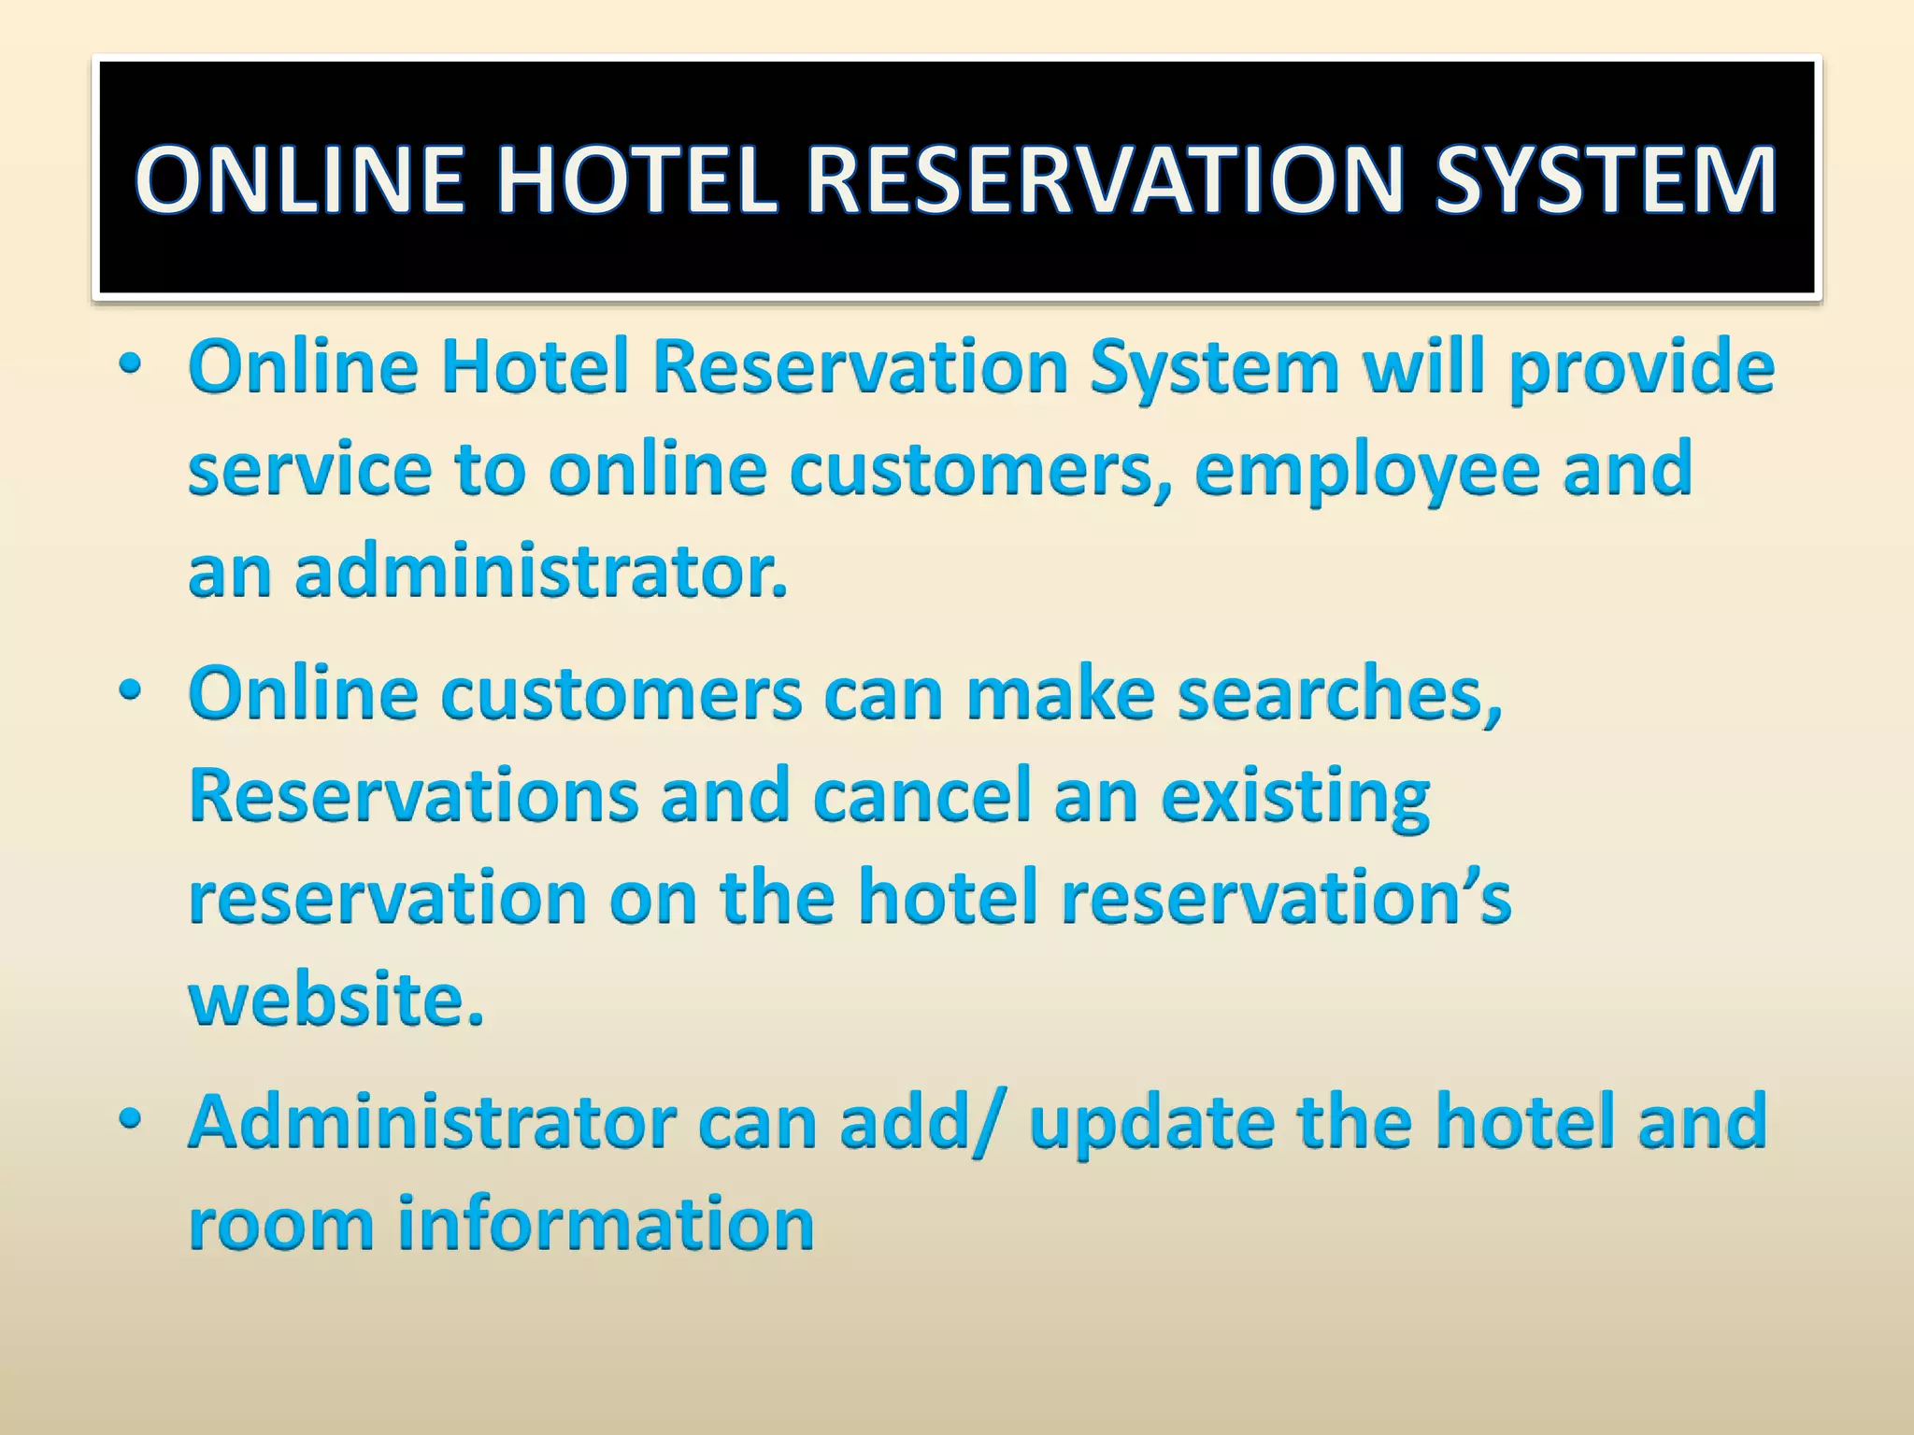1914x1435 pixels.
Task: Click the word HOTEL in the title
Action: (x=636, y=179)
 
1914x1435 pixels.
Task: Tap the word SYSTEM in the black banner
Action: (x=1605, y=179)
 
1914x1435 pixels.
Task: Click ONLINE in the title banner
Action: (x=300, y=179)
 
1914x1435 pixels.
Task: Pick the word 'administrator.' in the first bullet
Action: (x=541, y=572)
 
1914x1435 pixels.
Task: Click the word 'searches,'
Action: (x=1339, y=696)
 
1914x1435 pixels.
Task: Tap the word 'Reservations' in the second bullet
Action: (x=414, y=796)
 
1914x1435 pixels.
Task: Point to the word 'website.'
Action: (x=336, y=1000)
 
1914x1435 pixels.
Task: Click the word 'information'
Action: (x=606, y=1224)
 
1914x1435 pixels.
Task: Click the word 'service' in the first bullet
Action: (x=309, y=470)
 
